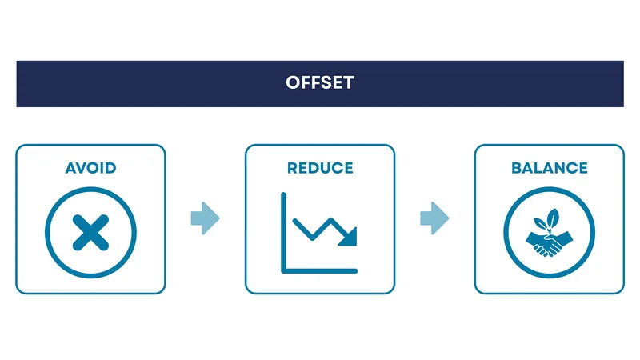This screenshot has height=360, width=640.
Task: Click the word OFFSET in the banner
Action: click(319, 83)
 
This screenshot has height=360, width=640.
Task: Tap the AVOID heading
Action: click(90, 169)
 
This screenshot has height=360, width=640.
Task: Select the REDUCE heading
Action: click(320, 169)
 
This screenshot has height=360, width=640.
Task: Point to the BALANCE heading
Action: click(549, 169)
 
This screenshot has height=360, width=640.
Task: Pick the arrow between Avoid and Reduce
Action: click(205, 218)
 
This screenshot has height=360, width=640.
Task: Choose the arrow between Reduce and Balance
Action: click(434, 218)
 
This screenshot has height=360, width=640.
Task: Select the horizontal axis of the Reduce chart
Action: click(320, 269)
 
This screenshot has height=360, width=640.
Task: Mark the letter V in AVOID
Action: click(80, 169)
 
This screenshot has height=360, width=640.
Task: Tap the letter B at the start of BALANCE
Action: click(517, 169)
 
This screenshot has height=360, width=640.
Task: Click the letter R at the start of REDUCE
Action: click(292, 169)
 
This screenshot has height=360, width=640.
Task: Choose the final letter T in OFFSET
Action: click(348, 83)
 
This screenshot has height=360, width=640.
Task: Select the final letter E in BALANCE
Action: click(582, 169)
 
